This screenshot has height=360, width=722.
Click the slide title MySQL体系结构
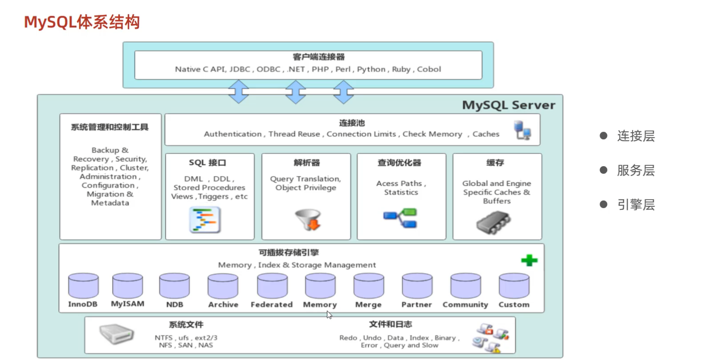tap(82, 22)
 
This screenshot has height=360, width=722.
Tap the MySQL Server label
tap(509, 105)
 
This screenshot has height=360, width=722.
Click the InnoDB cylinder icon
tap(83, 286)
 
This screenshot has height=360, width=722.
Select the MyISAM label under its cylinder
tap(128, 304)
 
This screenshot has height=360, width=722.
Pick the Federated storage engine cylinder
tap(272, 286)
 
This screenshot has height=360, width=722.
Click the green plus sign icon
tap(529, 260)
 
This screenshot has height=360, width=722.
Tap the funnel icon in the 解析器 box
tap(308, 219)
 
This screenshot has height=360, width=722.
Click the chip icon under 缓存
tap(493, 222)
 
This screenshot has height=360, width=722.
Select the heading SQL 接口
tap(207, 163)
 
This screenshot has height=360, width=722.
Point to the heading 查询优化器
tap(399, 163)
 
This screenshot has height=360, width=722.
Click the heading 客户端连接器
tap(318, 57)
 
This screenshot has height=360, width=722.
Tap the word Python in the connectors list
tap(371, 69)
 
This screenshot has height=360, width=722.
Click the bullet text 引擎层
tap(636, 205)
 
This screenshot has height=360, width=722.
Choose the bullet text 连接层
tap(636, 136)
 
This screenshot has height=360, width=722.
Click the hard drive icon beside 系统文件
tap(117, 334)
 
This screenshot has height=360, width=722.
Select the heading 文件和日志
tap(390, 324)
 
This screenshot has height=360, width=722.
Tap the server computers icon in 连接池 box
tap(522, 130)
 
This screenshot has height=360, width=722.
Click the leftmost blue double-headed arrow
tap(238, 92)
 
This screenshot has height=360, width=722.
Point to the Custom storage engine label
tap(514, 305)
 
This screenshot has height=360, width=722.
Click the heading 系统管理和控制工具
tap(110, 127)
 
